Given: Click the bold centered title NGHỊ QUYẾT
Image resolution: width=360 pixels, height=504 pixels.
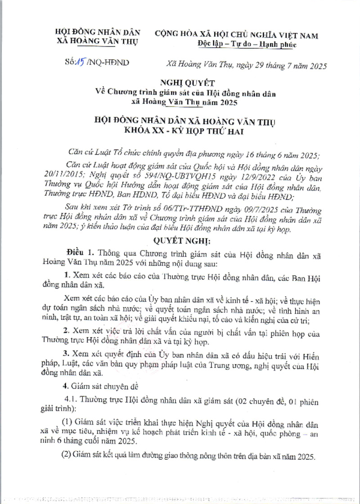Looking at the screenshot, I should [x=180, y=82].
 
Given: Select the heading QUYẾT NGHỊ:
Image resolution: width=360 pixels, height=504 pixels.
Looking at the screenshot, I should [x=179, y=240].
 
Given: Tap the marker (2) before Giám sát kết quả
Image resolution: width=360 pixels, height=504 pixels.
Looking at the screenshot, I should [x=67, y=455].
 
